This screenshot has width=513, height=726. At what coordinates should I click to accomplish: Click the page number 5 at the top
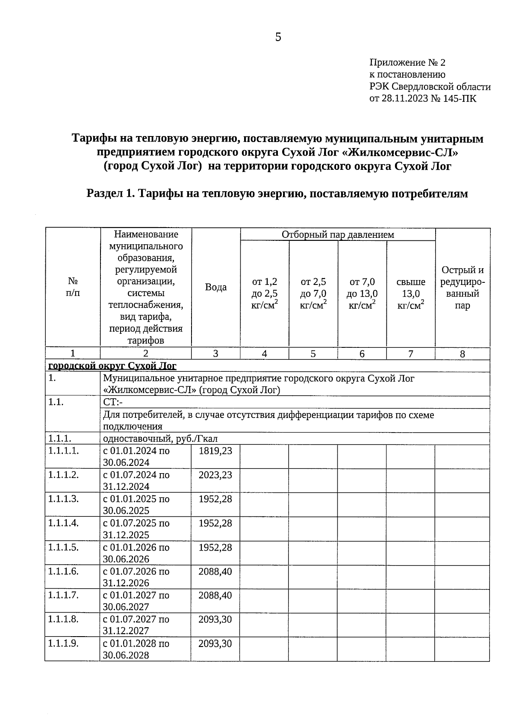[278, 38]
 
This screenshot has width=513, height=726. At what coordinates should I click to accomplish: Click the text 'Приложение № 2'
[407, 63]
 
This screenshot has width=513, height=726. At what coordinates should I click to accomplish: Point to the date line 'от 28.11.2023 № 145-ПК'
[422, 99]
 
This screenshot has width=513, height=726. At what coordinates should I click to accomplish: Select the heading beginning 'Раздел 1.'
[277, 194]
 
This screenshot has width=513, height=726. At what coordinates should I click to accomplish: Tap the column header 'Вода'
[216, 287]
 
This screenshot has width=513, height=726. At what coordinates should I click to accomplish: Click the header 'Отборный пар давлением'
[338, 234]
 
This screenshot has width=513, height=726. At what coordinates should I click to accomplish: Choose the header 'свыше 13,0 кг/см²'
[411, 293]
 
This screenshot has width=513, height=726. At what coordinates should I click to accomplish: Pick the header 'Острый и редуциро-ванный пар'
[463, 287]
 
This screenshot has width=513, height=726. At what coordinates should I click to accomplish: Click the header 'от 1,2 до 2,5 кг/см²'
[265, 293]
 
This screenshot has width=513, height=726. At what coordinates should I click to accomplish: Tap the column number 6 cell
[362, 354]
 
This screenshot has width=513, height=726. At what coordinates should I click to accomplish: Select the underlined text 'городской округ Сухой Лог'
[112, 366]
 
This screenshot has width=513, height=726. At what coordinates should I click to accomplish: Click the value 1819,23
[215, 451]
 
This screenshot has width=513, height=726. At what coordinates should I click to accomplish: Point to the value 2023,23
[215, 475]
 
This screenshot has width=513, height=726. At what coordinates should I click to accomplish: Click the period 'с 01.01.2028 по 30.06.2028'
[136, 649]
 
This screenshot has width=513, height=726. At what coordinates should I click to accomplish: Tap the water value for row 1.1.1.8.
[215, 619]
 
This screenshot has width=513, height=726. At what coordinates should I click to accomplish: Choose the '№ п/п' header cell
[73, 287]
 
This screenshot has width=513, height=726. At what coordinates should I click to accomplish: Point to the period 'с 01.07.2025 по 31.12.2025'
[136, 529]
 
